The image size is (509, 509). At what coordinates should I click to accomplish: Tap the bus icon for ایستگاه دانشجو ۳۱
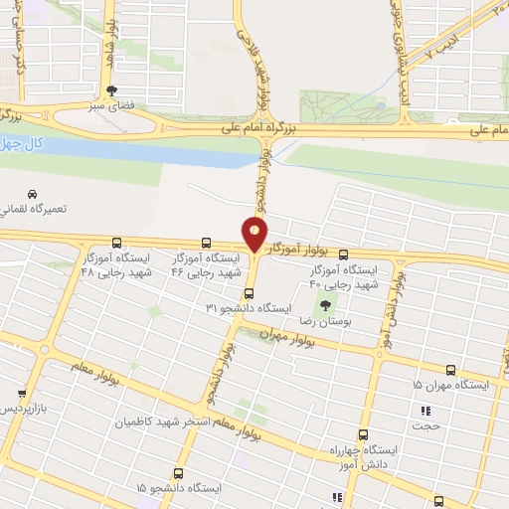coord(249,293)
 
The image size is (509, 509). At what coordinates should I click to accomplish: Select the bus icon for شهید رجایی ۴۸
coord(117,243)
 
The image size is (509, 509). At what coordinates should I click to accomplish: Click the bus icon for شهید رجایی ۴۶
coord(206,243)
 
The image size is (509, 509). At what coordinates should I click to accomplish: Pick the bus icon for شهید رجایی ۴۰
coord(344,254)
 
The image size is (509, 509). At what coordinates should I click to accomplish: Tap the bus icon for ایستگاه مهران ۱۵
coord(451,369)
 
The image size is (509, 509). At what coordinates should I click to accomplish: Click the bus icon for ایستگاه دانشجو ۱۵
coord(178,473)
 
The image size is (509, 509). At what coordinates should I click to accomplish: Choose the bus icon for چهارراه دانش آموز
coord(362,434)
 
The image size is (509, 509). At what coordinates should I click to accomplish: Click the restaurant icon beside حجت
coord(426,411)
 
